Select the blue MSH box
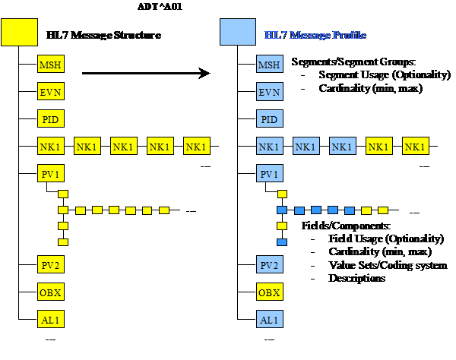[270, 65]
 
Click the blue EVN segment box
[270, 93]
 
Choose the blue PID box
[270, 119]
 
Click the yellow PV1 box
[50, 174]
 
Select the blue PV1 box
[270, 174]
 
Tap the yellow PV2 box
[50, 264]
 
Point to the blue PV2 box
[270, 264]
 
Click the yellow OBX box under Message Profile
[270, 292]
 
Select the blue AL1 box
[270, 319]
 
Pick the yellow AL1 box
[50, 319]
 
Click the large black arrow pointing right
[144, 74]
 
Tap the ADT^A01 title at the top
[157, 6]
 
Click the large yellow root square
[18, 34]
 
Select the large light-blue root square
[238, 34]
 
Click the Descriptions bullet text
[356, 278]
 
